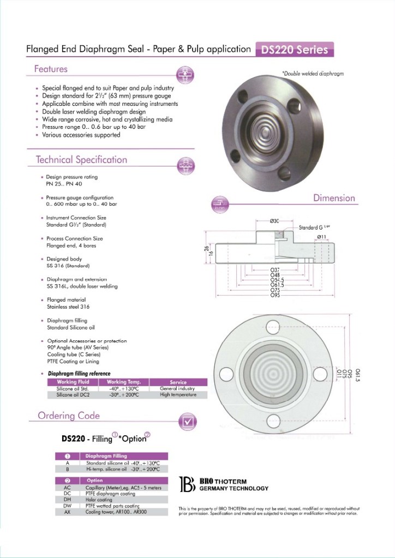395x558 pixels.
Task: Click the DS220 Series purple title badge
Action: pyautogui.click(x=295, y=50)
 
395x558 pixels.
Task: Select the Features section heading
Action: pyautogui.click(x=51, y=69)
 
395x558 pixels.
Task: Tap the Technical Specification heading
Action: pyautogui.click(x=81, y=160)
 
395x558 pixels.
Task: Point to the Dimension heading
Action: pyautogui.click(x=334, y=198)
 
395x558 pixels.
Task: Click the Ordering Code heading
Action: pyautogui.click(x=69, y=416)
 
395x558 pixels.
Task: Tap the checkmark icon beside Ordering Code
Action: pyautogui.click(x=188, y=421)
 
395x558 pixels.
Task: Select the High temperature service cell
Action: pyautogui.click(x=178, y=394)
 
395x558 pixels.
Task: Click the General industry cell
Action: pyautogui.click(x=178, y=388)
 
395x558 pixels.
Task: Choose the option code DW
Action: pyautogui.click(x=67, y=506)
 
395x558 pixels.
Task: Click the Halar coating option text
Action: pyautogui.click(x=99, y=500)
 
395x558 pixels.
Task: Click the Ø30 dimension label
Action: pyautogui.click(x=274, y=220)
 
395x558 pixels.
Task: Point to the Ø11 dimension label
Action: pyautogui.click(x=321, y=236)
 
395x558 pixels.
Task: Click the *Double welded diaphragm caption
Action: pyautogui.click(x=313, y=73)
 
